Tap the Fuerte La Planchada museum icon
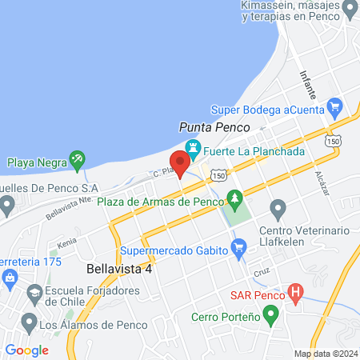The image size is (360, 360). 192,149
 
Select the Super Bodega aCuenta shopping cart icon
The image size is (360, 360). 334,106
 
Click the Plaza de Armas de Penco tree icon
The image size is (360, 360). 234,197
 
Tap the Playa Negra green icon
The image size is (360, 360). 77,159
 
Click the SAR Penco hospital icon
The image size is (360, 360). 295,292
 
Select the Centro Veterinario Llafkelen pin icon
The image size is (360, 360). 278,210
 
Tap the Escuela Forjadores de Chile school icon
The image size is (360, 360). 34,297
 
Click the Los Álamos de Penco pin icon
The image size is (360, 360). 28,323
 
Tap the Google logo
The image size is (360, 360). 27,350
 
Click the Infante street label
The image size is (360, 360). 308,78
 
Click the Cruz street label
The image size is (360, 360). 261,274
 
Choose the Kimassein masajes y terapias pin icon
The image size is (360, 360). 349,10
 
